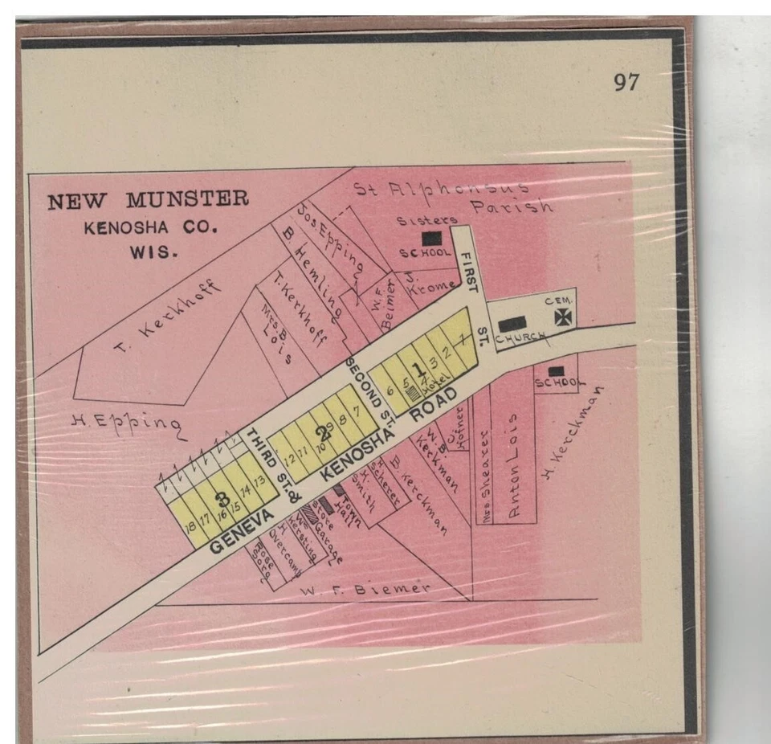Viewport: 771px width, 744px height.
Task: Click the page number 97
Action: [x=626, y=82]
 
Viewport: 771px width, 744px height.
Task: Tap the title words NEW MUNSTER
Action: [x=148, y=200]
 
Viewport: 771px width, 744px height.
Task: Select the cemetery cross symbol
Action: [x=563, y=317]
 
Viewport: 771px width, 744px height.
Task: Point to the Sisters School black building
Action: [x=431, y=238]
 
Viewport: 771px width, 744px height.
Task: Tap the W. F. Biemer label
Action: [x=365, y=588]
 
